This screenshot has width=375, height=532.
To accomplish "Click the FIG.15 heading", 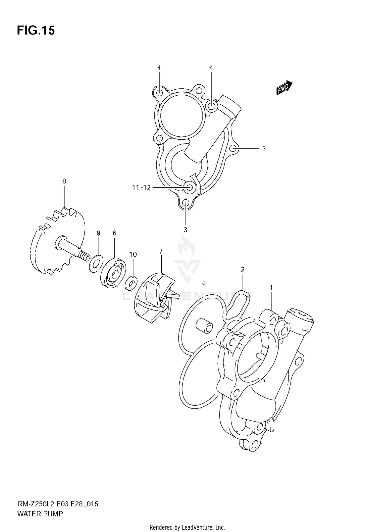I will coord(36,30).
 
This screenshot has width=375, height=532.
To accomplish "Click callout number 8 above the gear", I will coord(64,181).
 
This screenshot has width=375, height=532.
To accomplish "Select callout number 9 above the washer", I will coord(98,233).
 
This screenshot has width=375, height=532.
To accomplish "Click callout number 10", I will coord(133,254).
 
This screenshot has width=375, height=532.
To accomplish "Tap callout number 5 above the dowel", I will coord(204,282).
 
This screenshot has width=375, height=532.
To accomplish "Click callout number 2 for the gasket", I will coord(242,270).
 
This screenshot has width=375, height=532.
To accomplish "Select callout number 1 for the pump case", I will coord(271,288).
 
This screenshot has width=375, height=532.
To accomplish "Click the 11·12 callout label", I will coord(141,188).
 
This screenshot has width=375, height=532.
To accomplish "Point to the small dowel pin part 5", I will coord(204,326).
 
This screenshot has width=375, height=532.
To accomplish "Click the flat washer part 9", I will coord(96,263).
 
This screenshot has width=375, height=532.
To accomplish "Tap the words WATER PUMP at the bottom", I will coord(40,514).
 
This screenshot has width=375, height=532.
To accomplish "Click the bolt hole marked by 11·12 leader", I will coord(190,188).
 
